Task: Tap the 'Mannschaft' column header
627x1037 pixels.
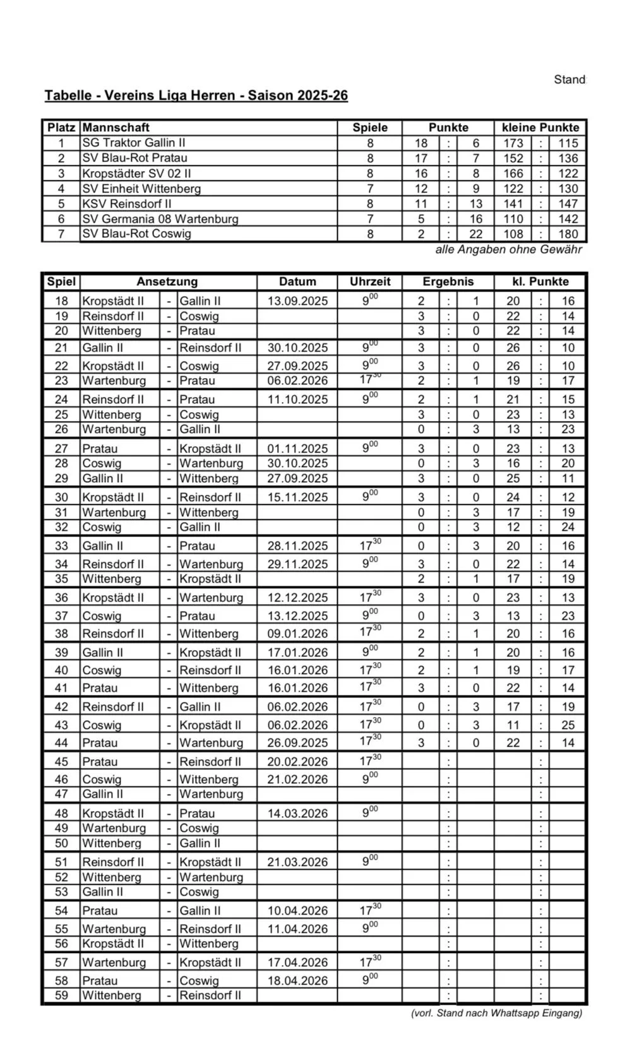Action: tap(116, 127)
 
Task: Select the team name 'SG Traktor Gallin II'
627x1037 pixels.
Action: tap(134, 143)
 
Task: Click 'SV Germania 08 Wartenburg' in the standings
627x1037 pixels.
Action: tap(160, 219)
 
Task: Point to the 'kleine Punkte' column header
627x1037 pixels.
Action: tap(540, 127)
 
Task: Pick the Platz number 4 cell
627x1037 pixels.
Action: tap(61, 189)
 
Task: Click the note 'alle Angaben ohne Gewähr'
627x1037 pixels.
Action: tap(508, 250)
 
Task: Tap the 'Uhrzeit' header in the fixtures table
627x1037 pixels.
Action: tap(370, 281)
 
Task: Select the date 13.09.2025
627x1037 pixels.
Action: tap(297, 301)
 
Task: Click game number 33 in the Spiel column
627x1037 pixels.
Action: tap(61, 546)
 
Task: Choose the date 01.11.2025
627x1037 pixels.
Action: tap(297, 449)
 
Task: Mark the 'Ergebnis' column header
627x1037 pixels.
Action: tap(448, 281)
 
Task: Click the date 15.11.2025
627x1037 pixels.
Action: tap(297, 497)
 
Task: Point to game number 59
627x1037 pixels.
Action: tap(61, 995)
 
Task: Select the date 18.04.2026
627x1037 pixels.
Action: tap(297, 981)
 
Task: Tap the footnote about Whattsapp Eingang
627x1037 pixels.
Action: tap(496, 1013)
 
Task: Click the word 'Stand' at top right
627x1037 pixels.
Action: tap(570, 80)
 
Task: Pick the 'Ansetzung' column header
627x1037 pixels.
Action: tap(167, 281)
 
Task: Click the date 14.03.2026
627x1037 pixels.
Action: tap(297, 814)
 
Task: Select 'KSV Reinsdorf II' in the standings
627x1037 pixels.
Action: tap(127, 204)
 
